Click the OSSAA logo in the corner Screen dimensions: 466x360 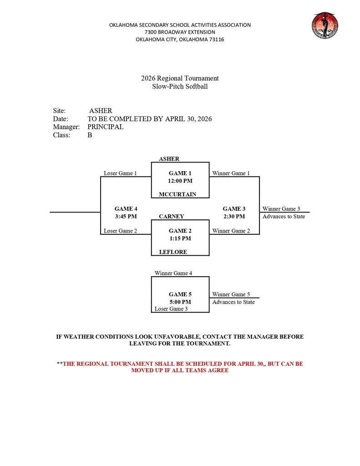(325, 25)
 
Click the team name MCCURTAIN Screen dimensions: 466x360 (177, 194)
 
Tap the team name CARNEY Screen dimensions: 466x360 (172, 216)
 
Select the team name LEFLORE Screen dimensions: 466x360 (173, 252)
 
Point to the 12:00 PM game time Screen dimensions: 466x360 (180, 181)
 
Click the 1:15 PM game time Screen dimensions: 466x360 (180, 238)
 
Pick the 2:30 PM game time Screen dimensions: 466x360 (234, 216)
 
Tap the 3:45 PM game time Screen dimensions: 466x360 (126, 216)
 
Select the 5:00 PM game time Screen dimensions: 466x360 (180, 302)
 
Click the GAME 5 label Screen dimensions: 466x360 (180, 294)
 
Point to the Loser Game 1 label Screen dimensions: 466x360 (120, 173)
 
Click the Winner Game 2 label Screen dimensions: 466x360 (231, 231)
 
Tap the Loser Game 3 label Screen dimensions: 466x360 (171, 309)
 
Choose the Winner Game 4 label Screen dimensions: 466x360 (173, 273)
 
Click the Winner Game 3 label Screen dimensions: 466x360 (281, 209)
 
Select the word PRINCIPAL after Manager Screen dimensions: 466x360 (105, 127)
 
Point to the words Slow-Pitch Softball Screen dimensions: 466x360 (180, 86)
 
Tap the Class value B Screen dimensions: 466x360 (90, 135)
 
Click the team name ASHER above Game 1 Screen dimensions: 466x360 (169, 159)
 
